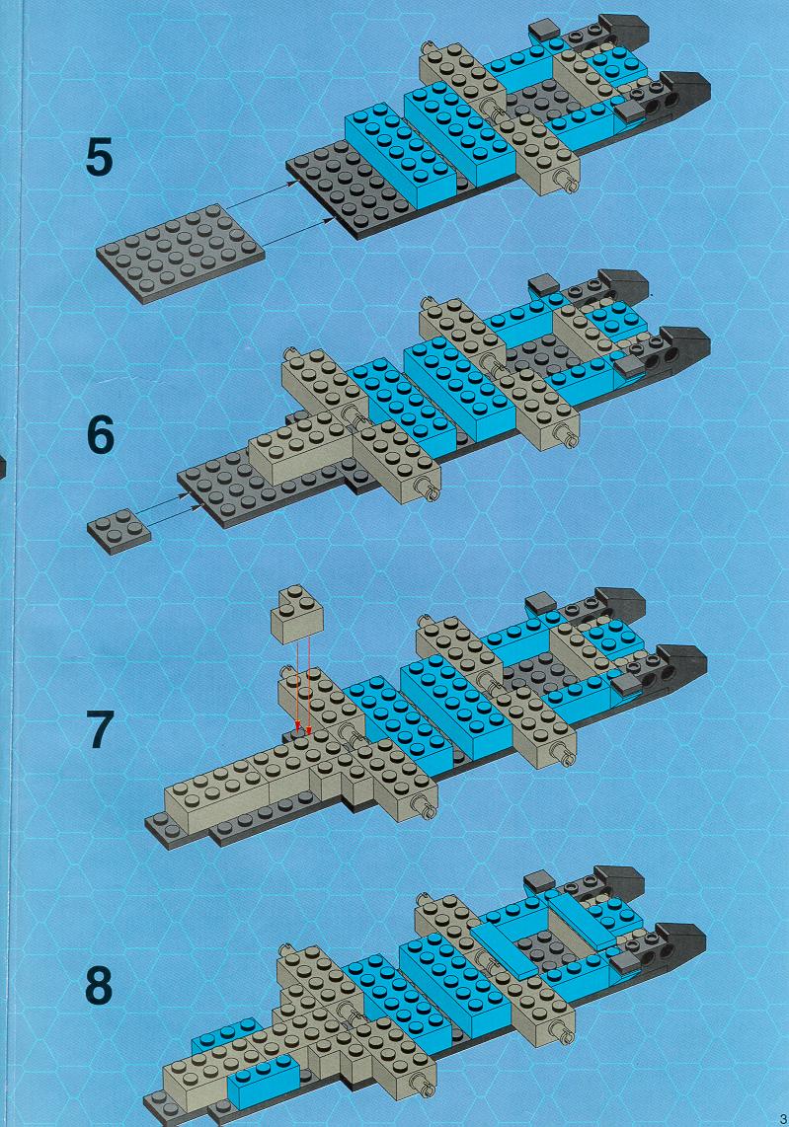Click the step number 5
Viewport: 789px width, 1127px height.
(100, 158)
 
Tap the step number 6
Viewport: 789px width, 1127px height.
(100, 435)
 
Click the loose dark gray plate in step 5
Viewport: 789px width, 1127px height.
(180, 253)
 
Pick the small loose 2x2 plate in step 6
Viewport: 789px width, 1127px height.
(119, 530)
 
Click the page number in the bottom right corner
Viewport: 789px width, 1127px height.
(782, 1118)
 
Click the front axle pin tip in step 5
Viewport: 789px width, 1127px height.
(573, 185)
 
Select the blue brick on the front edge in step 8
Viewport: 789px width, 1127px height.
(263, 1083)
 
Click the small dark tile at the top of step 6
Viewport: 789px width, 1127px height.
(544, 284)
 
